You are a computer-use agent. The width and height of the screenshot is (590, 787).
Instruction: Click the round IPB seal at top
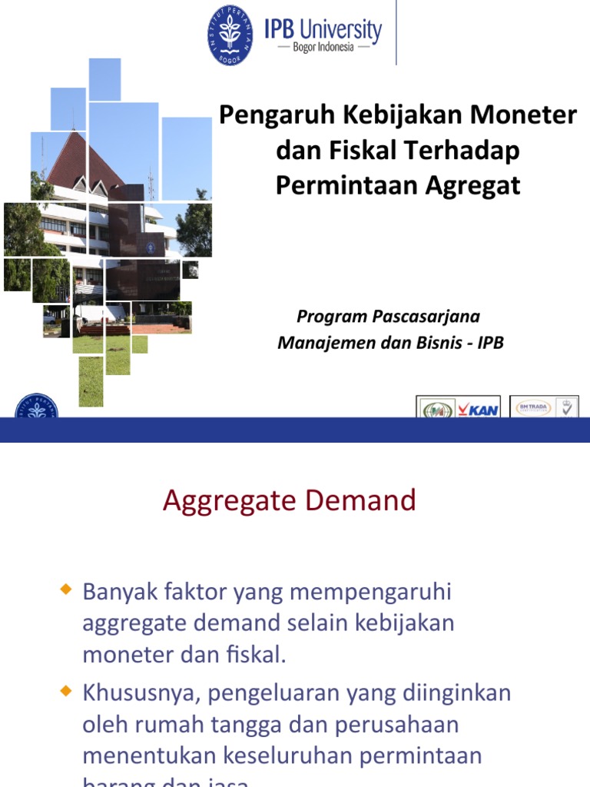[x=230, y=35]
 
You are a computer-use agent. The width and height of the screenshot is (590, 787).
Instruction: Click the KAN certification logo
[x=459, y=407]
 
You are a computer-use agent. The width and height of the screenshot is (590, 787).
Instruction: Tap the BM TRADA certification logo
[x=544, y=407]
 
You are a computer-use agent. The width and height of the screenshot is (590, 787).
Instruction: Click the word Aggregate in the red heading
[x=230, y=501]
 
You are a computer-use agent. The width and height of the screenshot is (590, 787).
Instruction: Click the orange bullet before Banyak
[x=65, y=589]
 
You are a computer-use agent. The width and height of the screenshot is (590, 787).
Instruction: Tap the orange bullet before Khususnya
[x=65, y=692]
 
